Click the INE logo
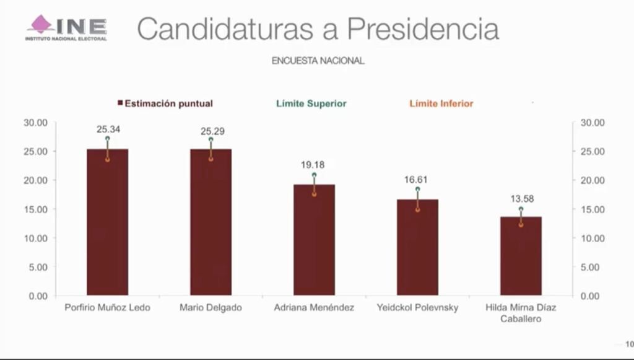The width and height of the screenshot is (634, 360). point(66,28)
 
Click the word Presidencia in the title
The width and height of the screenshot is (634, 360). point(422,29)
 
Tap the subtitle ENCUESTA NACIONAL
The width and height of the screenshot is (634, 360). point(318,61)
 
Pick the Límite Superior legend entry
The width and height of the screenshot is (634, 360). point(311,103)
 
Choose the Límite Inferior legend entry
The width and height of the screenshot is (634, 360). point(441,103)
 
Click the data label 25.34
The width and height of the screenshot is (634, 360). point(107,130)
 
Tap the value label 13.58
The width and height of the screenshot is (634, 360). point(521,199)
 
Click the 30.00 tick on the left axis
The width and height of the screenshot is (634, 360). point(35,123)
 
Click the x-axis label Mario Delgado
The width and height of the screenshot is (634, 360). point(211,308)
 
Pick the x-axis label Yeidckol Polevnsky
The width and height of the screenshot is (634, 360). point(417,308)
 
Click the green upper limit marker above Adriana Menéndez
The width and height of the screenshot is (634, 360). point(314,175)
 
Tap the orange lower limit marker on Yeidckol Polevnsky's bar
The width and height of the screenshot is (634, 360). point(417,209)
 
